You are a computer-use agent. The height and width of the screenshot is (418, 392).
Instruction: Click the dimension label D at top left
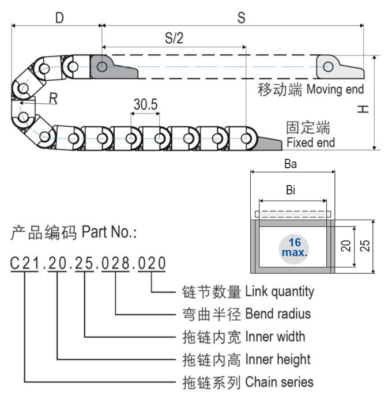click(x=59, y=18)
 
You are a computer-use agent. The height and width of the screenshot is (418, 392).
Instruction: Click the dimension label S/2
click(x=174, y=39)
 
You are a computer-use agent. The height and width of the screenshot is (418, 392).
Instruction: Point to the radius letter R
click(x=53, y=99)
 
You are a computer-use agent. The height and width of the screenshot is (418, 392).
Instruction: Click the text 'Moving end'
click(x=336, y=89)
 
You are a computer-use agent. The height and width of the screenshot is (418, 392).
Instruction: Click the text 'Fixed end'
click(x=310, y=142)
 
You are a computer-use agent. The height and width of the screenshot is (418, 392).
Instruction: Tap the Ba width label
click(x=291, y=164)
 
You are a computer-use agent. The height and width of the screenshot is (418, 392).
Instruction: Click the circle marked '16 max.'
click(x=294, y=247)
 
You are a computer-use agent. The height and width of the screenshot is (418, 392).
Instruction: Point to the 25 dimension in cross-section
click(x=365, y=247)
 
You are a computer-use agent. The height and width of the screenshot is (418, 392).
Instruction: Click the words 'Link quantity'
click(x=280, y=291)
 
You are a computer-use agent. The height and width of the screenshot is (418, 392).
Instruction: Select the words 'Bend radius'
click(x=278, y=314)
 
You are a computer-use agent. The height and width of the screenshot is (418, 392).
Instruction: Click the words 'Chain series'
click(x=279, y=382)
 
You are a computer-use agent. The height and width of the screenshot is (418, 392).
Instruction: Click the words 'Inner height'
click(x=278, y=359)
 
